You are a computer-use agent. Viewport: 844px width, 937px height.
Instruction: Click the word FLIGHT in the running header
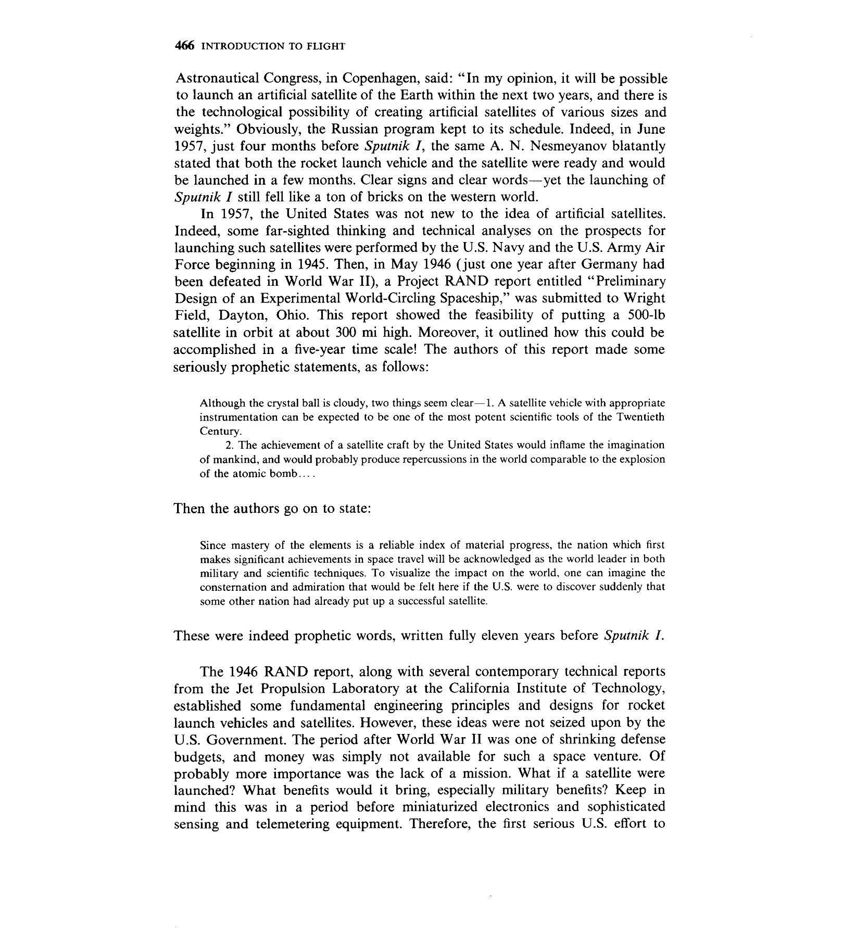pyautogui.click(x=326, y=46)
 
